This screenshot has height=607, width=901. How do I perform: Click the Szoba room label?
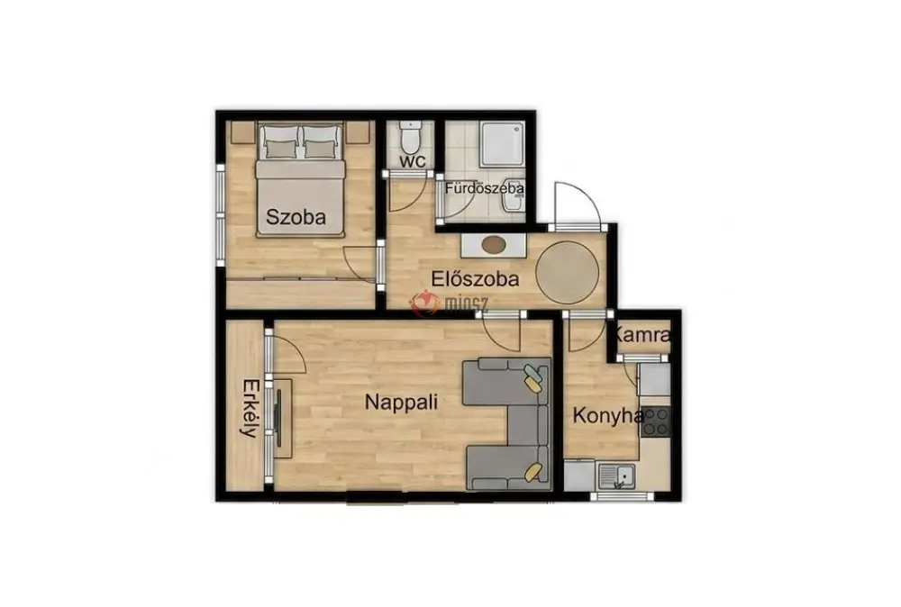coord(296,216)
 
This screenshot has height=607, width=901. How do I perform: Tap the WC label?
coord(413,161)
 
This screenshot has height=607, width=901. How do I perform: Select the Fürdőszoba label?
coord(484,188)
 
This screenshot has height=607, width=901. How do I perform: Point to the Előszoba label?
coord(475,278)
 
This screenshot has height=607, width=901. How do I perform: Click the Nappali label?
coord(401,402)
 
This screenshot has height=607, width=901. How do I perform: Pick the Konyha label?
coord(607,415)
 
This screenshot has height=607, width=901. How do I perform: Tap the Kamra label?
coord(642,334)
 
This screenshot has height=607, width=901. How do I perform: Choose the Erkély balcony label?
coord(250,408)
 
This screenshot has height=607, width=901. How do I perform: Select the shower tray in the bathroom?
coord(502,143)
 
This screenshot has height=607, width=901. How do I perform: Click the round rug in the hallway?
coord(567,273)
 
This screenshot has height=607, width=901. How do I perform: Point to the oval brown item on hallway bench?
coord(494,245)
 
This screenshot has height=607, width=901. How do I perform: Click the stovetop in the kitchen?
coord(656,422)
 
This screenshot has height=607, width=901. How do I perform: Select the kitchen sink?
coord(616,476)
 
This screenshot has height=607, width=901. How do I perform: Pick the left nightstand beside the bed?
coord(241,132)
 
